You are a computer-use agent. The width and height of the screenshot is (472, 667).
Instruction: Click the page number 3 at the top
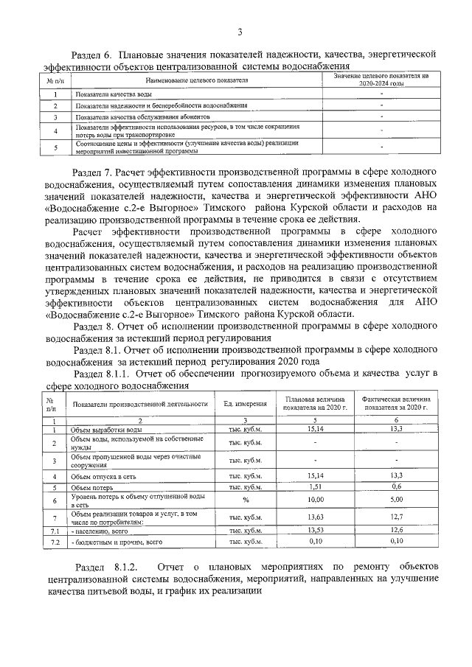(x=240, y=31)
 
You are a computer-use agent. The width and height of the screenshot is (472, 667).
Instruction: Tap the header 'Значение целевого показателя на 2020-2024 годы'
(x=381, y=80)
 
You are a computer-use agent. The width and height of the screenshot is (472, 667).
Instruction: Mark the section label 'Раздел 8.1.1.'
(x=108, y=374)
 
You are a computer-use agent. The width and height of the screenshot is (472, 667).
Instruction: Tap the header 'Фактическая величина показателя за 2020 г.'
(x=396, y=404)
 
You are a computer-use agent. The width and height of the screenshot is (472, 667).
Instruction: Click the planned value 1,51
(x=315, y=487)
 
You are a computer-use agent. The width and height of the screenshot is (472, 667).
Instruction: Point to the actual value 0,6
(x=396, y=487)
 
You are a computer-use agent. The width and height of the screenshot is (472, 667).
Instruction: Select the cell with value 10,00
(x=315, y=500)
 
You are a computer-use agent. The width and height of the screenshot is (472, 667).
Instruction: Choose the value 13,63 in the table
(x=315, y=517)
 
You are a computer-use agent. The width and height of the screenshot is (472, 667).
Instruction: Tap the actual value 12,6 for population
(x=396, y=530)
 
